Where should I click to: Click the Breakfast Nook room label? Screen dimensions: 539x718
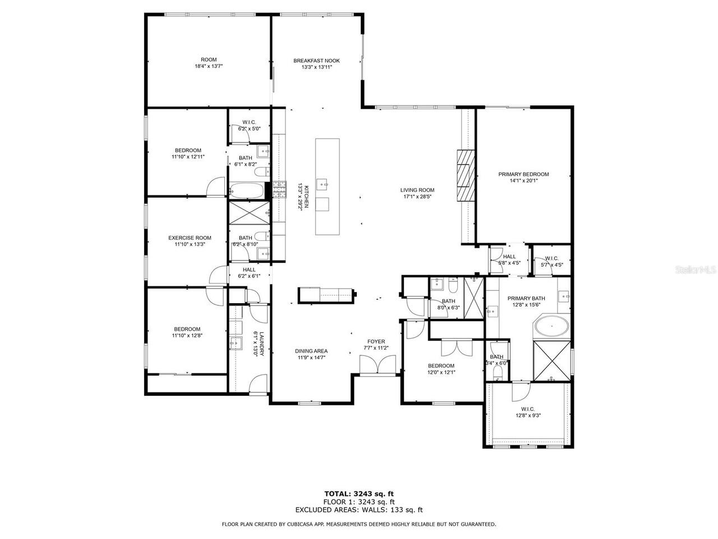point(316,61)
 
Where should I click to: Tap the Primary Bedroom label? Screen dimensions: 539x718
point(523,174)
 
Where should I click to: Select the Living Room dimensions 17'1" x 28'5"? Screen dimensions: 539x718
point(417,197)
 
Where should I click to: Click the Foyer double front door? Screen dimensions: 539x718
point(379,366)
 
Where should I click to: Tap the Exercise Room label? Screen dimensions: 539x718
point(190,237)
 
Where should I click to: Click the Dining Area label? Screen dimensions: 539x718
point(311,351)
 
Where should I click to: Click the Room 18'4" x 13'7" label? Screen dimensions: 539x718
point(209,60)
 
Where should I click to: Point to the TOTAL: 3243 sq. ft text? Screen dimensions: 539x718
point(359,494)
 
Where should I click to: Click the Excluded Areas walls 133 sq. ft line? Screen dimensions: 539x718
point(359,510)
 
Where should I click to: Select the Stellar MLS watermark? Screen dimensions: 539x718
point(695,270)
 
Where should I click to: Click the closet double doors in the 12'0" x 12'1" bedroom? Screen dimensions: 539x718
point(457,348)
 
